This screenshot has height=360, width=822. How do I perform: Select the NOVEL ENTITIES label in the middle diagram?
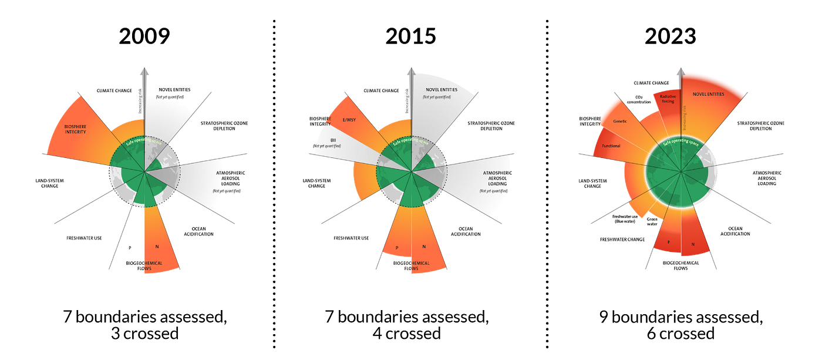441,89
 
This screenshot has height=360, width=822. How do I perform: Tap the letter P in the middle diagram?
397,248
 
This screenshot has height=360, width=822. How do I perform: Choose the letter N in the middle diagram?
424,247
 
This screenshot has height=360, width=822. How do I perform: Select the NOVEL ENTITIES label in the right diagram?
708,94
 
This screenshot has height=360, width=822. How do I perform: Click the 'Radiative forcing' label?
667,99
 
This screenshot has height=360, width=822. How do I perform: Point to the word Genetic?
620,121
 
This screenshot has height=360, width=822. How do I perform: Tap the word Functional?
611,146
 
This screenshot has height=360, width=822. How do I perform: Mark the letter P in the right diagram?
669,242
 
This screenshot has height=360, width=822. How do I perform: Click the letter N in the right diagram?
693,244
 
